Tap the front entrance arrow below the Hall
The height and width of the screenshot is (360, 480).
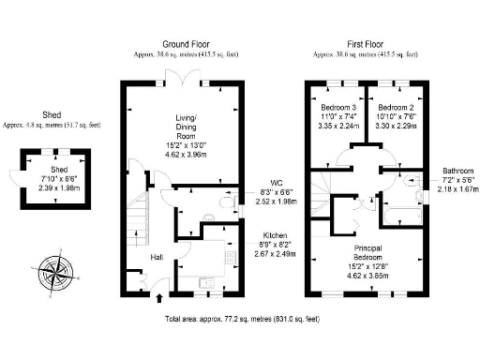pyautogui.click(x=157, y=299)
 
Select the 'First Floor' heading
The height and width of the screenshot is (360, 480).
pyautogui.click(x=369, y=44)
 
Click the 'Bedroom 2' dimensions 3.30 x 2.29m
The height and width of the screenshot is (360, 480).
pyautogui.click(x=394, y=123)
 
